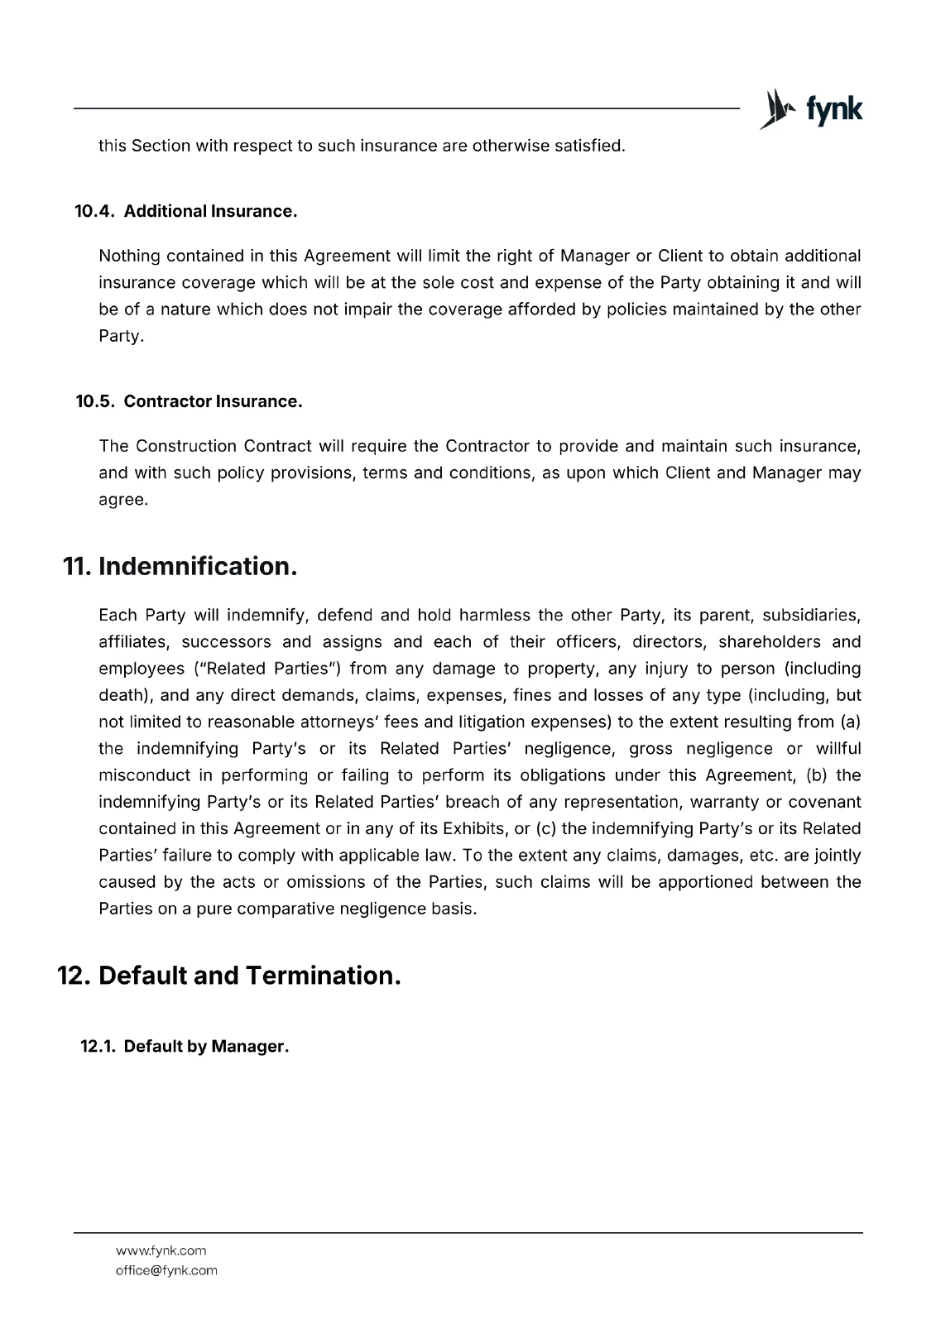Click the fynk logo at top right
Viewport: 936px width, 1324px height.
[811, 109]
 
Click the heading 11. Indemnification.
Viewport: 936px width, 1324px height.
[180, 567]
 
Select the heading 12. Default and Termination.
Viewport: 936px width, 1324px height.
[229, 976]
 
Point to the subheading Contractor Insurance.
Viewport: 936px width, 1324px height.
[213, 401]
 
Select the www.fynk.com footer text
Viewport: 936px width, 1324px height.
[161, 1250]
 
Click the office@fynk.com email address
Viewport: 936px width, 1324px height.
[166, 1270]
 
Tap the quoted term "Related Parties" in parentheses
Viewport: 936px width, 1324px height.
[271, 669]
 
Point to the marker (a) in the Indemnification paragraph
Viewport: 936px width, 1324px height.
[850, 722]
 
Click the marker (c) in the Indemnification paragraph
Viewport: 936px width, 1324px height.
[546, 828]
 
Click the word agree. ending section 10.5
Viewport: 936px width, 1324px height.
[123, 500]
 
